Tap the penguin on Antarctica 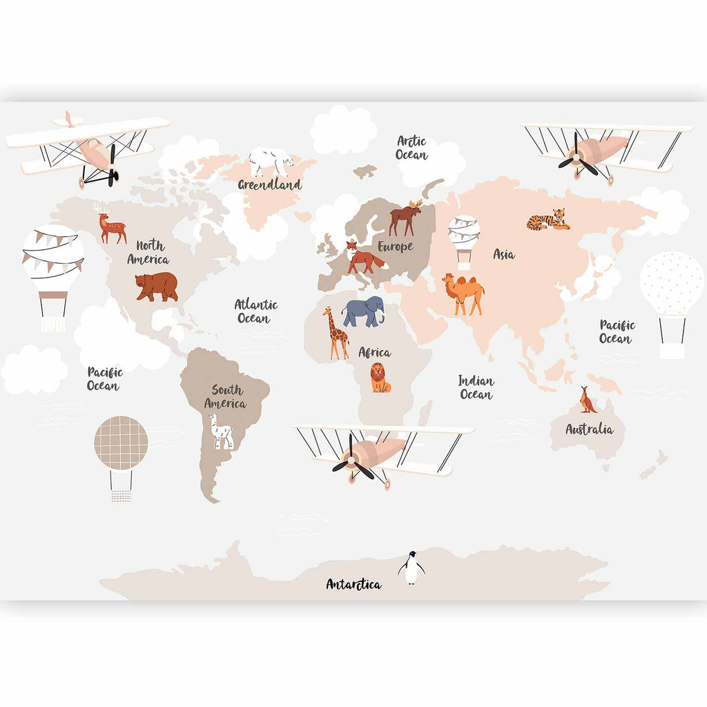click(411, 568)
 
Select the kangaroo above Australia click(588, 400)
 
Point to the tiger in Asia click(549, 220)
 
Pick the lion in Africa click(380, 378)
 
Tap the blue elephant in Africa click(363, 311)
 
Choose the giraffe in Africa click(336, 333)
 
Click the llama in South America click(222, 431)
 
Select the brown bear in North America click(157, 285)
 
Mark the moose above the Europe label click(405, 216)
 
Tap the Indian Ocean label click(476, 387)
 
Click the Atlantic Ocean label click(255, 311)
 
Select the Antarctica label click(353, 584)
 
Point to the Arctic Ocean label click(411, 148)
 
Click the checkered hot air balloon click(121, 443)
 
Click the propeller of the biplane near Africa click(353, 459)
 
